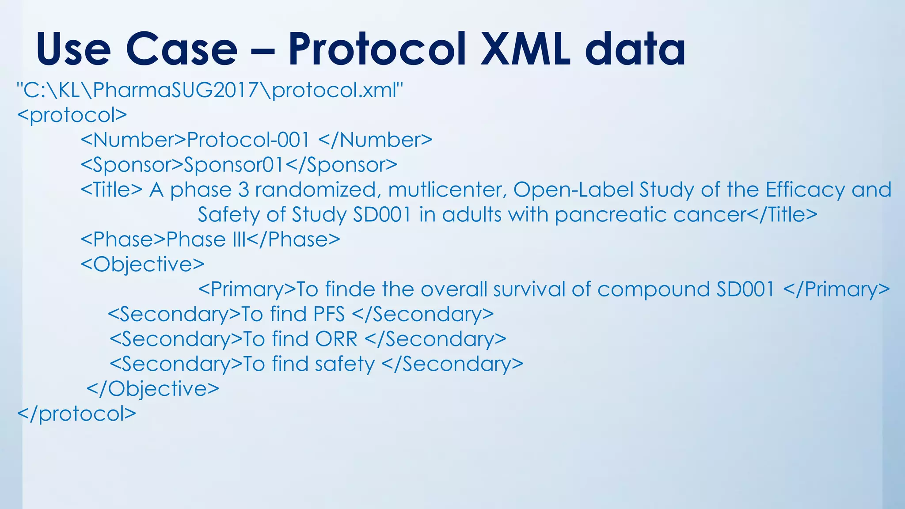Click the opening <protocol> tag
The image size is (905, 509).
[x=72, y=115]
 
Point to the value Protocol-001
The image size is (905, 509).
[x=248, y=140]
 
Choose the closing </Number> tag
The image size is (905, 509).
[x=375, y=140]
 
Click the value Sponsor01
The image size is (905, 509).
[x=234, y=165]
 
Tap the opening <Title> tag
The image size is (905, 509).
[x=111, y=190]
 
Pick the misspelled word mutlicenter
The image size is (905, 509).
[x=447, y=190]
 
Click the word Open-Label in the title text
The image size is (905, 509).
[x=573, y=190]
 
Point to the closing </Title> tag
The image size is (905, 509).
[x=782, y=215]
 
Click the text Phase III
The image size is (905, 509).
[x=206, y=239]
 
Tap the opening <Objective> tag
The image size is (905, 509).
[x=142, y=264]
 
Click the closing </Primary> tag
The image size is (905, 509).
[x=836, y=289]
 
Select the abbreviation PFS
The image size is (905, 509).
[x=329, y=314]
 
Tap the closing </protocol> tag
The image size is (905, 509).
[x=76, y=414]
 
